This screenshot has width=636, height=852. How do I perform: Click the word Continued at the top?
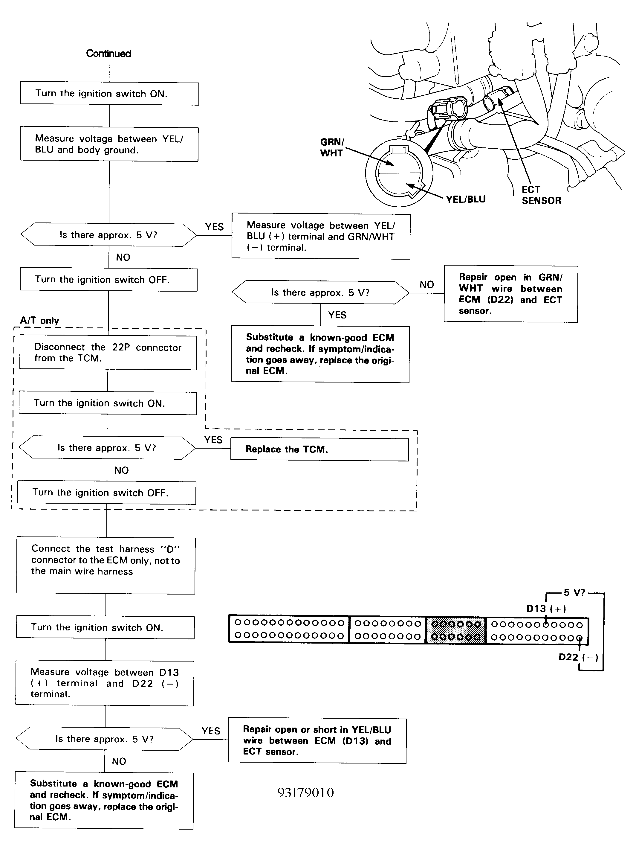[x=108, y=53]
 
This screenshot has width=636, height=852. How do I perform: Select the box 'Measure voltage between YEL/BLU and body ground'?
[x=109, y=144]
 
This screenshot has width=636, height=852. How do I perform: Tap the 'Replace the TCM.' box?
[x=319, y=449]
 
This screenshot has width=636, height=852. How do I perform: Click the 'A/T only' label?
[x=40, y=321]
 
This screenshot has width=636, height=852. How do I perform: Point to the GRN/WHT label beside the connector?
[x=332, y=147]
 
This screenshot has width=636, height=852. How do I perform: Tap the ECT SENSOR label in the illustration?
[x=541, y=195]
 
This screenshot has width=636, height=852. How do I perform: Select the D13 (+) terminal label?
[x=546, y=609]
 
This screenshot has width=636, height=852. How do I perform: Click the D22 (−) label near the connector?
[x=578, y=657]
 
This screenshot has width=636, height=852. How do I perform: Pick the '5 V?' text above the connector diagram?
[x=574, y=592]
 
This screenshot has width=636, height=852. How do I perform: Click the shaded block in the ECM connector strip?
[x=456, y=630]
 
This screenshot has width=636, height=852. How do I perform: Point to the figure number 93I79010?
[x=306, y=792]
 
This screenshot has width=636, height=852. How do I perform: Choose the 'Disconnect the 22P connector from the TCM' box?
[x=108, y=352]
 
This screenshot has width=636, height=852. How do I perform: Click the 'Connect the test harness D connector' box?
[x=106, y=566]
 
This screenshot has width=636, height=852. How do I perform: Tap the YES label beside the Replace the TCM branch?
[x=213, y=440]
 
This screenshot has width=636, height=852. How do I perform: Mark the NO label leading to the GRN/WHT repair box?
[x=426, y=284]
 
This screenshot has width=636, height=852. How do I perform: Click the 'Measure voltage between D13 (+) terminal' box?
[x=105, y=683]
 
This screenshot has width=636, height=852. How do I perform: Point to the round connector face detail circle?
[x=399, y=173]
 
